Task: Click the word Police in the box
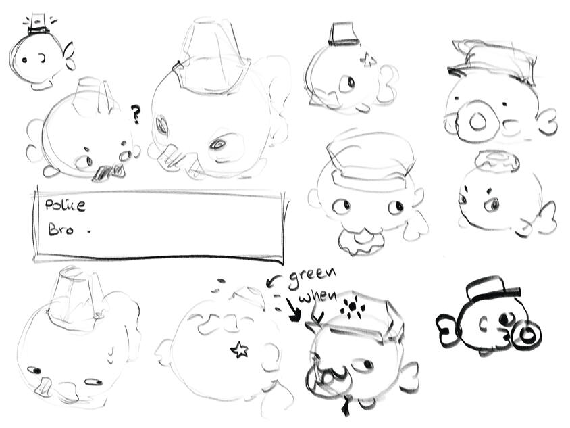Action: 65,205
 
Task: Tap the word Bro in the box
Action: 61,229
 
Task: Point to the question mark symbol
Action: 136,114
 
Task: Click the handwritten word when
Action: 317,298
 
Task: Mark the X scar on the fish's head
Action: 368,60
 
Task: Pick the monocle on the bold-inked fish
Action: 525,333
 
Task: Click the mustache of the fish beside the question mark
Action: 107,173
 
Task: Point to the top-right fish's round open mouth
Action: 477,122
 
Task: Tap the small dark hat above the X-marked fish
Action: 344,34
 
